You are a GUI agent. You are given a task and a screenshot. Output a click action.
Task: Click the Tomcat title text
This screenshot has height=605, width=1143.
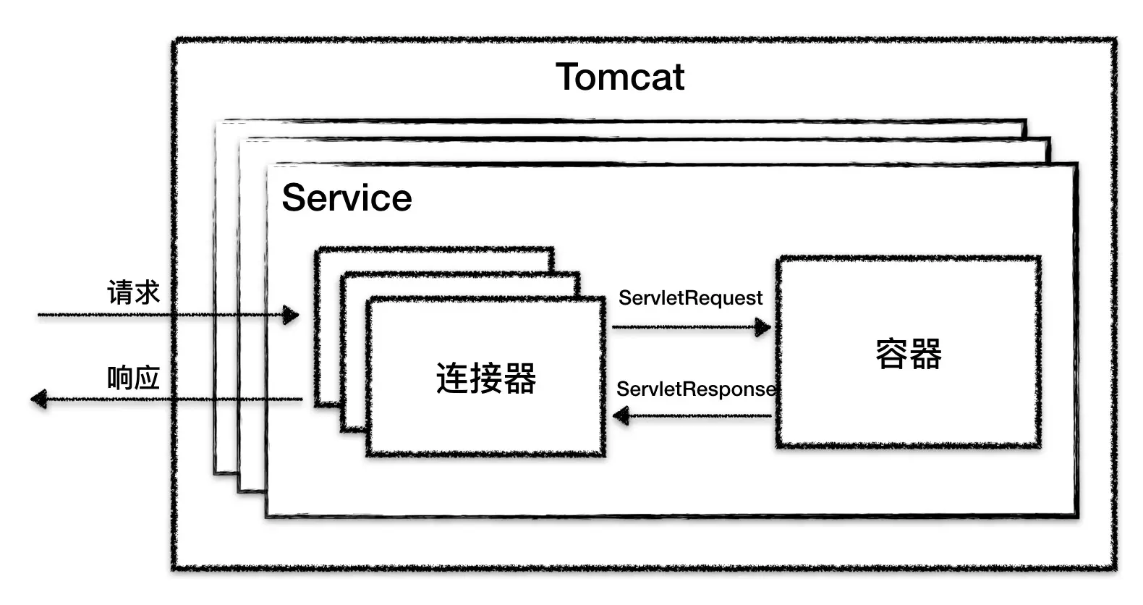point(620,77)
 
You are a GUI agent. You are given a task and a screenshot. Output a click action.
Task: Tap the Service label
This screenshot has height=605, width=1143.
point(347,198)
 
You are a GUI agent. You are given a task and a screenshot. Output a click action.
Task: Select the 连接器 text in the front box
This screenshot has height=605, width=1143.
point(485,378)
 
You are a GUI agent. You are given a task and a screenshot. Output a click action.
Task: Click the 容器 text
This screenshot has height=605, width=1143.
point(909,354)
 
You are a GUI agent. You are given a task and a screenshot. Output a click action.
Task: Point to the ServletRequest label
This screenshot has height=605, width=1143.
point(690,298)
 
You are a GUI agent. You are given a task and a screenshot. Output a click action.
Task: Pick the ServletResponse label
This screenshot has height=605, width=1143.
point(695,389)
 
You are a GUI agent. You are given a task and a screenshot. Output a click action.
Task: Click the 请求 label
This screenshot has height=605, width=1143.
point(133,292)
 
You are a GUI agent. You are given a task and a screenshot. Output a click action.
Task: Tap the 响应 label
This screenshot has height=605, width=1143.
point(133,378)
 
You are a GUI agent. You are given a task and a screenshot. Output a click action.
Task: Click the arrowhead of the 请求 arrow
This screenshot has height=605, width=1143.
point(291,315)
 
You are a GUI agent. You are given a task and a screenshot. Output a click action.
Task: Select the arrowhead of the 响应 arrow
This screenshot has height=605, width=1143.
point(39,399)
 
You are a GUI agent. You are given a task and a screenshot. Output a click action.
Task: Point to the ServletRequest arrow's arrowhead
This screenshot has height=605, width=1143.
point(763,327)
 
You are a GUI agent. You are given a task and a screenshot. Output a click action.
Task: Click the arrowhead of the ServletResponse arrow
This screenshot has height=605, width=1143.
point(621,416)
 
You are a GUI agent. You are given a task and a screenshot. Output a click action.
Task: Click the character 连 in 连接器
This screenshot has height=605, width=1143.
point(452,378)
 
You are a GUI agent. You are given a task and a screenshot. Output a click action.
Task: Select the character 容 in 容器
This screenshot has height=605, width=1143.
point(892,354)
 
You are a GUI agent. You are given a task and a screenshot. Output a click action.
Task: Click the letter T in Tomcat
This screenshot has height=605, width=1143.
point(568,77)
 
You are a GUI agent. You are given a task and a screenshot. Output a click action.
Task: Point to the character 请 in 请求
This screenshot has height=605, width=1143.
point(120,292)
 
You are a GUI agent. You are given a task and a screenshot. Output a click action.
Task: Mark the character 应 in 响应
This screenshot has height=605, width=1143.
point(147,378)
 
